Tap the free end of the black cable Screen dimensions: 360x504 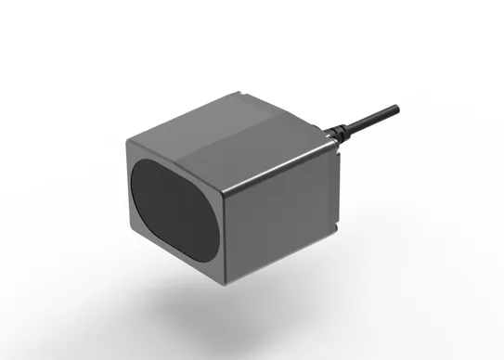point(396,107)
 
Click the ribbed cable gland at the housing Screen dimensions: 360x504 point(334,136)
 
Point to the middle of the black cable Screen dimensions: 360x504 point(367,122)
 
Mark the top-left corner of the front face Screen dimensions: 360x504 point(126,141)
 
